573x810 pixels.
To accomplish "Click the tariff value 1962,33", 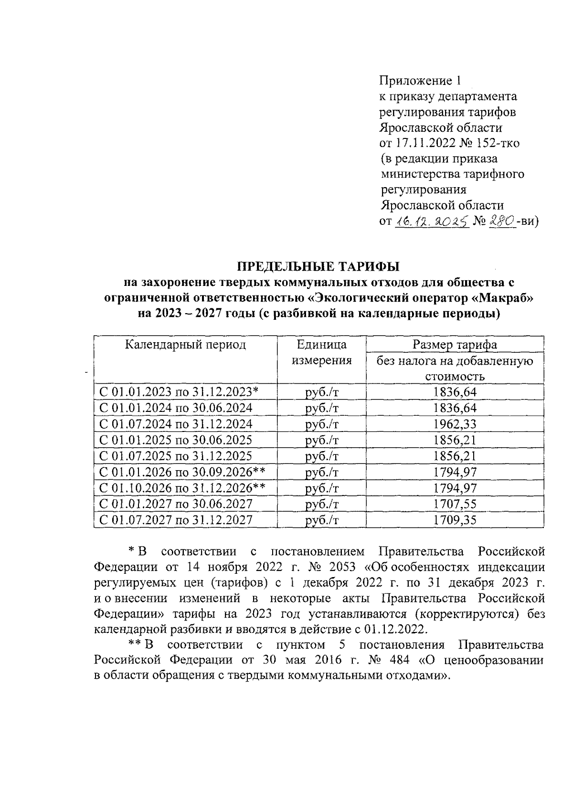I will [455, 424].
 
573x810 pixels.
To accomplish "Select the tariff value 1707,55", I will [455, 504].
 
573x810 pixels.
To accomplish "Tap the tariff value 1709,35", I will [455, 520].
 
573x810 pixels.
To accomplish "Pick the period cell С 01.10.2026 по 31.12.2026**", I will [181, 488].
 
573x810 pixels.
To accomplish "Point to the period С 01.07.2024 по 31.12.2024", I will [175, 424].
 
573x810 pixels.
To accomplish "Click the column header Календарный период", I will [185, 345].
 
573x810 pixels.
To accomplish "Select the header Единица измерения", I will [321, 352].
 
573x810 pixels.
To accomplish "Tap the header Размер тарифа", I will [455, 345].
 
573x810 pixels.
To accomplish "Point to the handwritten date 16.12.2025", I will [431, 221].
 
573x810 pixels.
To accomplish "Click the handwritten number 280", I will [502, 221].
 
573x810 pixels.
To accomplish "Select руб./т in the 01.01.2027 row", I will [321, 504].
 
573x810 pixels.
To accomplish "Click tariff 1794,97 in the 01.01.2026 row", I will [455, 472].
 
